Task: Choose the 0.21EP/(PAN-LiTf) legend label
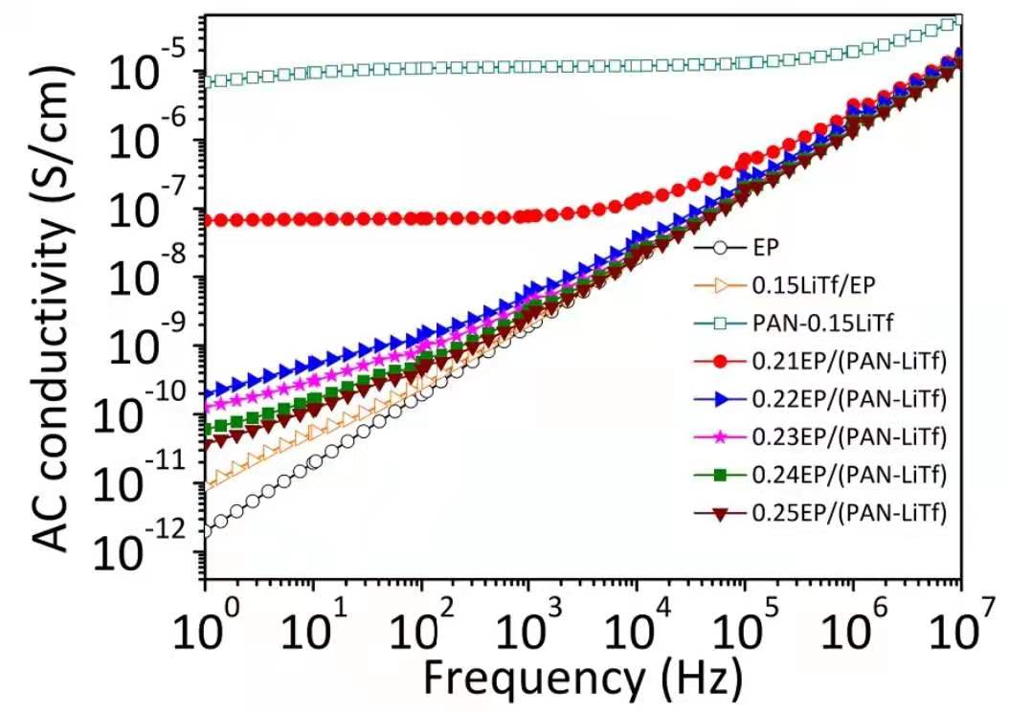(849, 361)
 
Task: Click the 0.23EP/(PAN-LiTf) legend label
(849, 437)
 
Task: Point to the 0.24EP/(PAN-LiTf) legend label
(849, 475)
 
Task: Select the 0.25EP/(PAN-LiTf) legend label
(849, 513)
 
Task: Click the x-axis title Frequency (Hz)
(581, 678)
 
